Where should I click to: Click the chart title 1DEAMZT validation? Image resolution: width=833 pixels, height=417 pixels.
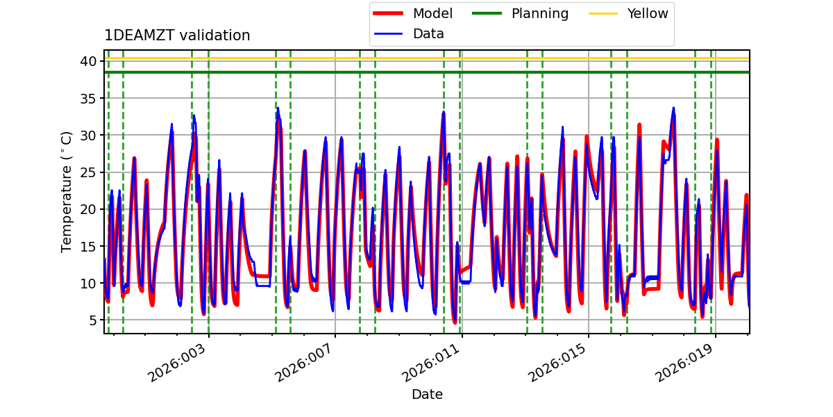177,35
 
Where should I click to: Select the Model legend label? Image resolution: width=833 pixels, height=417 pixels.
433,13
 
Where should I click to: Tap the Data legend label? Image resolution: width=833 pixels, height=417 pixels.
428,34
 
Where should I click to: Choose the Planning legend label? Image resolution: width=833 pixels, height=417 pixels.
540,14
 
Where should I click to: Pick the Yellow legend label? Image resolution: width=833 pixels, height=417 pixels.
648,13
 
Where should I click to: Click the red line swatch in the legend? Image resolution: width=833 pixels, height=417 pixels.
388,13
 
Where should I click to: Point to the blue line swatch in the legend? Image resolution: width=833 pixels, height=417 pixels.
388,34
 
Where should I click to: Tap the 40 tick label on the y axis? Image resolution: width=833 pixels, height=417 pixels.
87,61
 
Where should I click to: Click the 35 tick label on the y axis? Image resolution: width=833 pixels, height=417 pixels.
87,98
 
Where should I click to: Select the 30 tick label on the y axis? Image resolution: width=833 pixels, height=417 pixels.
87,135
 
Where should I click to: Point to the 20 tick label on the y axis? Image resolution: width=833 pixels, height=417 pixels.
87,209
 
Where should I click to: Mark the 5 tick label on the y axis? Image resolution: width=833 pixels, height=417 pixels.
92,320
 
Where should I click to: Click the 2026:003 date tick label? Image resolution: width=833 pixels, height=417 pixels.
176,363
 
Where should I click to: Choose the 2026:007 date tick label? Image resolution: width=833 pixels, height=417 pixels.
303,363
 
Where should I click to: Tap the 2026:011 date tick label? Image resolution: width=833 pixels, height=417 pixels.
430,363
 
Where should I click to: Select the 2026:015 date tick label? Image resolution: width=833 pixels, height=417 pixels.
557,363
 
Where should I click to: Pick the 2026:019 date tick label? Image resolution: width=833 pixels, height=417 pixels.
684,363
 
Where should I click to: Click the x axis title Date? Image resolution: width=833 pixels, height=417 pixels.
427,394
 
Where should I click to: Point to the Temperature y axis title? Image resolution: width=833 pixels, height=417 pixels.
66,192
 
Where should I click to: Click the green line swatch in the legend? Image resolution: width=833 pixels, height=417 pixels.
487,13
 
